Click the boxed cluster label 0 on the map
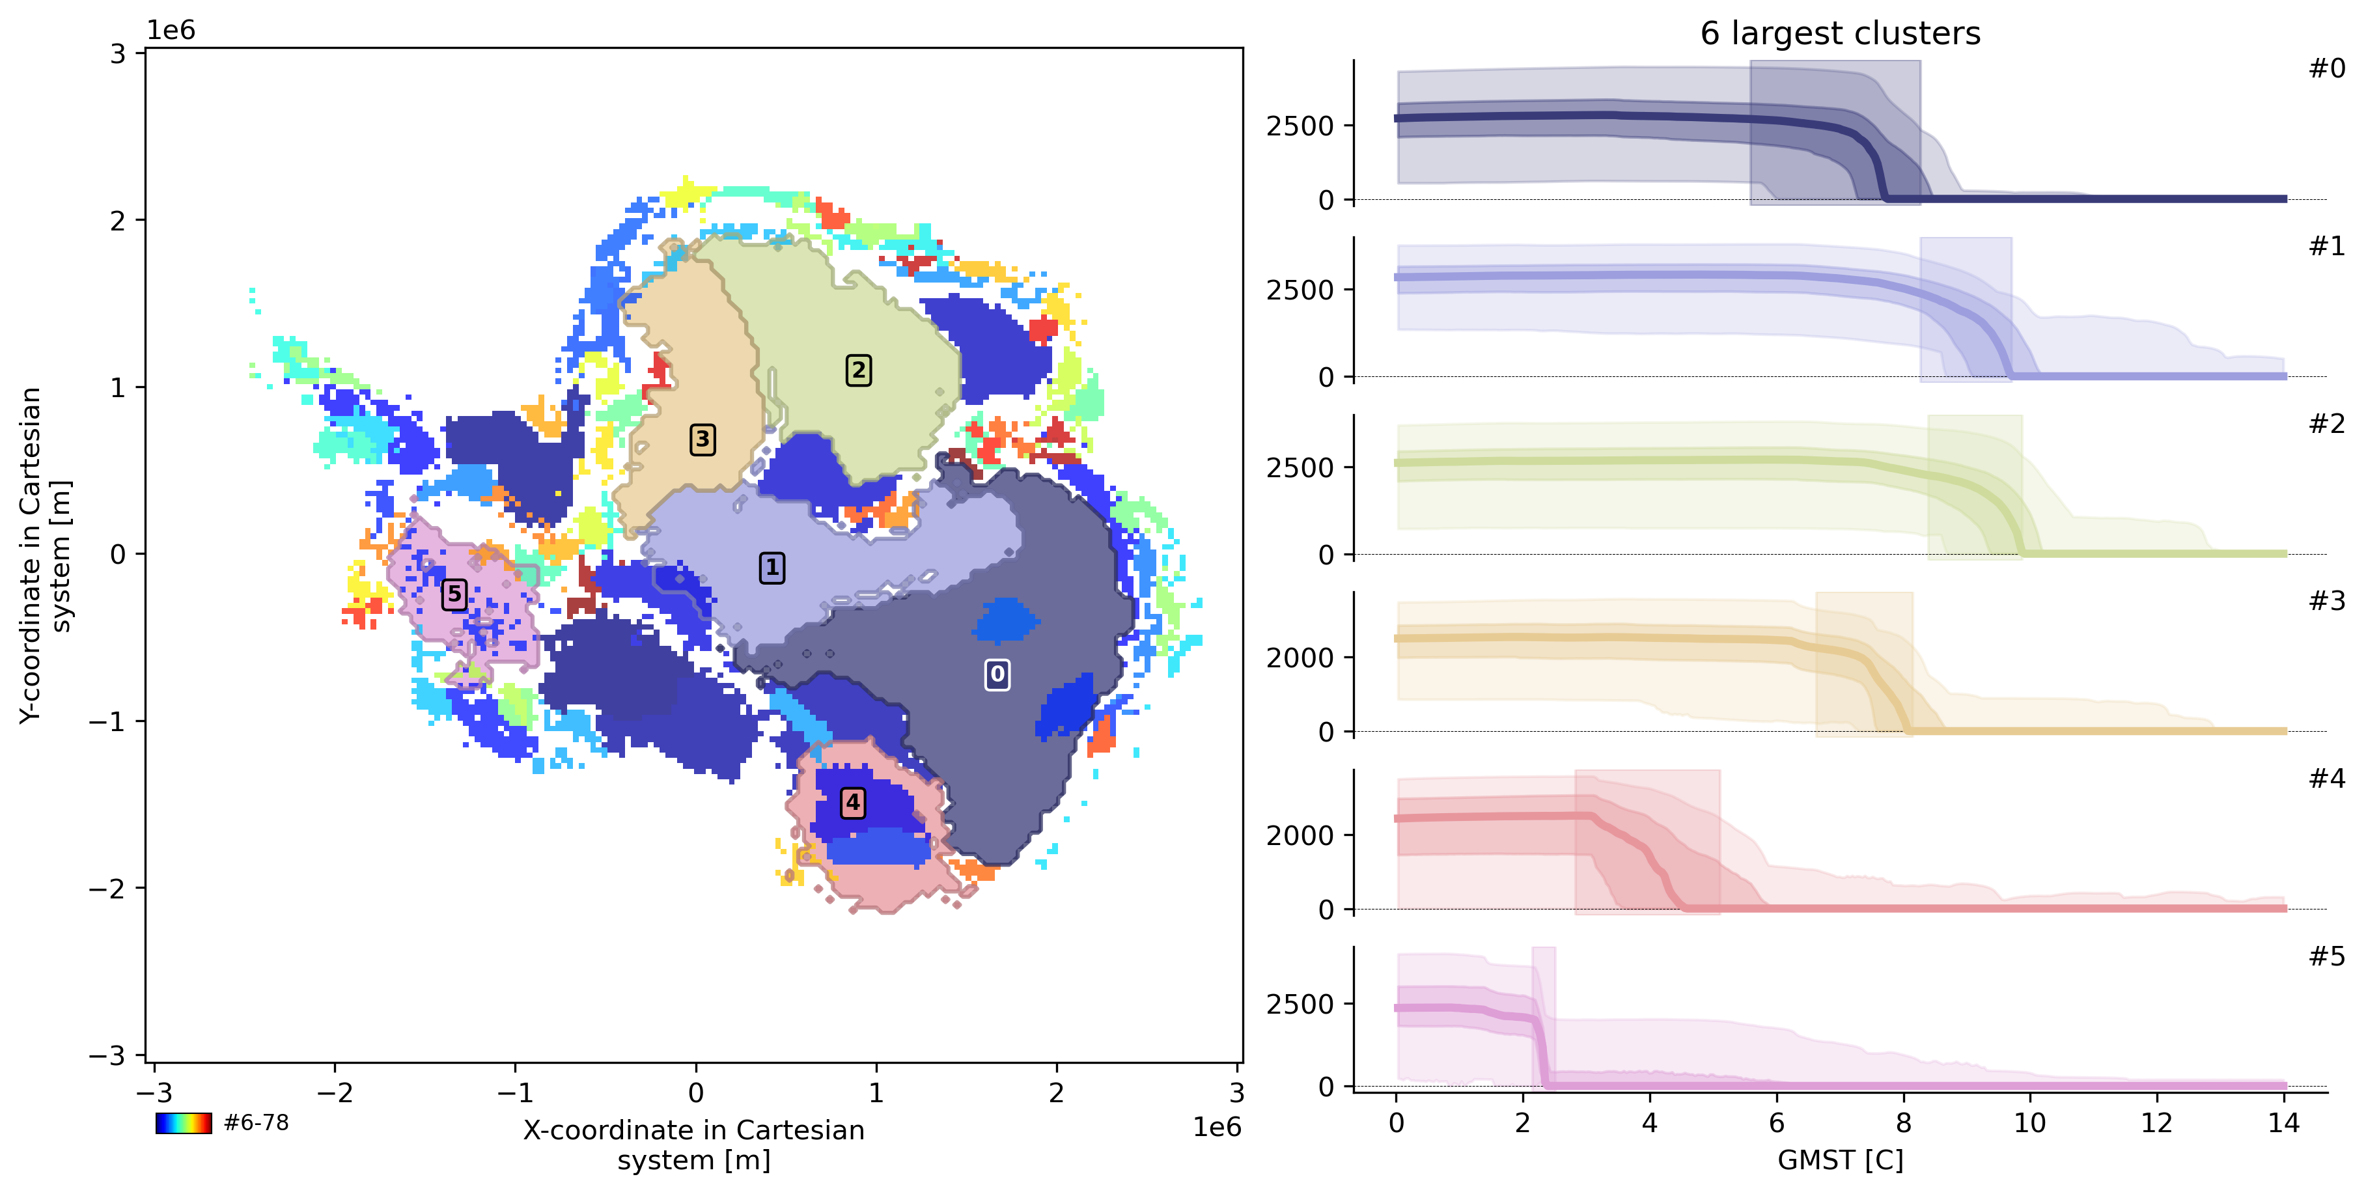tap(997, 674)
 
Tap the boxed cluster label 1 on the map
tap(772, 568)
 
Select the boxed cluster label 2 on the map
tap(858, 370)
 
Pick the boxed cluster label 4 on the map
tap(852, 802)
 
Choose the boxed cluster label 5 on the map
tap(454, 594)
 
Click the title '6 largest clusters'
tap(1840, 34)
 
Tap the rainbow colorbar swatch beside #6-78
tap(184, 1122)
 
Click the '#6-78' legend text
tap(257, 1122)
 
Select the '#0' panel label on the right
tap(2326, 69)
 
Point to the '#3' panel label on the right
tap(2326, 602)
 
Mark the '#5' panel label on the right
tap(2326, 957)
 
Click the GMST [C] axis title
tap(1840, 1160)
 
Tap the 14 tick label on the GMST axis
tap(2283, 1122)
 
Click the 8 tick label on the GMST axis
tap(1903, 1122)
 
